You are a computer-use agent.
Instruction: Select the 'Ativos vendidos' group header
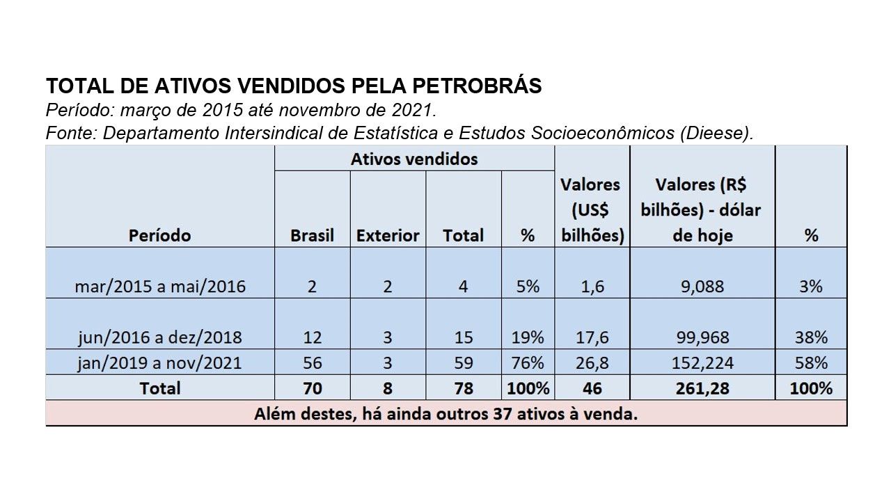pyautogui.click(x=414, y=159)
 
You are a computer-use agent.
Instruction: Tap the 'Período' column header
pyautogui.click(x=159, y=235)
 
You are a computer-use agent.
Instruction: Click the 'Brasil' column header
pyautogui.click(x=312, y=235)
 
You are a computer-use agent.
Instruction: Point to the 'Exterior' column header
pyautogui.click(x=388, y=235)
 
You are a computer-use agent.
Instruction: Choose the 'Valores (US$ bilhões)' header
pyautogui.click(x=591, y=210)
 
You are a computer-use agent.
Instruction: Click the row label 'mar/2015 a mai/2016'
pyautogui.click(x=159, y=286)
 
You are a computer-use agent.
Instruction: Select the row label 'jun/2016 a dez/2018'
pyautogui.click(x=159, y=337)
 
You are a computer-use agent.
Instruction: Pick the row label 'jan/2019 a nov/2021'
pyautogui.click(x=159, y=363)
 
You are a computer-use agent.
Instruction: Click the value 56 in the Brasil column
pyautogui.click(x=312, y=363)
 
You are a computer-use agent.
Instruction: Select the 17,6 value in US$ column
pyautogui.click(x=591, y=337)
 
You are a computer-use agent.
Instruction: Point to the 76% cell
pyautogui.click(x=527, y=363)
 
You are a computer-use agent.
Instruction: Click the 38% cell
pyautogui.click(x=811, y=337)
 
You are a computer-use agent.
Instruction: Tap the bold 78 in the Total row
pyautogui.click(x=463, y=388)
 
